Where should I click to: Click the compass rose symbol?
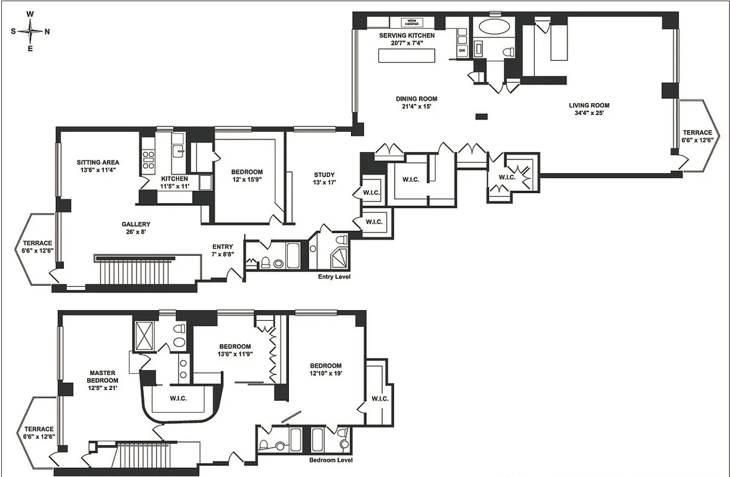(30, 31)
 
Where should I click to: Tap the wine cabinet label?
(411, 22)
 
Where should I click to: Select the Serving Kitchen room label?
(407, 36)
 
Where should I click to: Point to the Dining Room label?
(417, 99)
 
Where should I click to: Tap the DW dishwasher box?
(461, 51)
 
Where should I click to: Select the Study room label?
(324, 175)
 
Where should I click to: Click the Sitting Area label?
(98, 162)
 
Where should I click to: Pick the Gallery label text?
(131, 224)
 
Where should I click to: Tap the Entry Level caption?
(334, 277)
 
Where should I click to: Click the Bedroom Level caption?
(331, 460)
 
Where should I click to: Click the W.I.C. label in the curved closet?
(178, 398)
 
